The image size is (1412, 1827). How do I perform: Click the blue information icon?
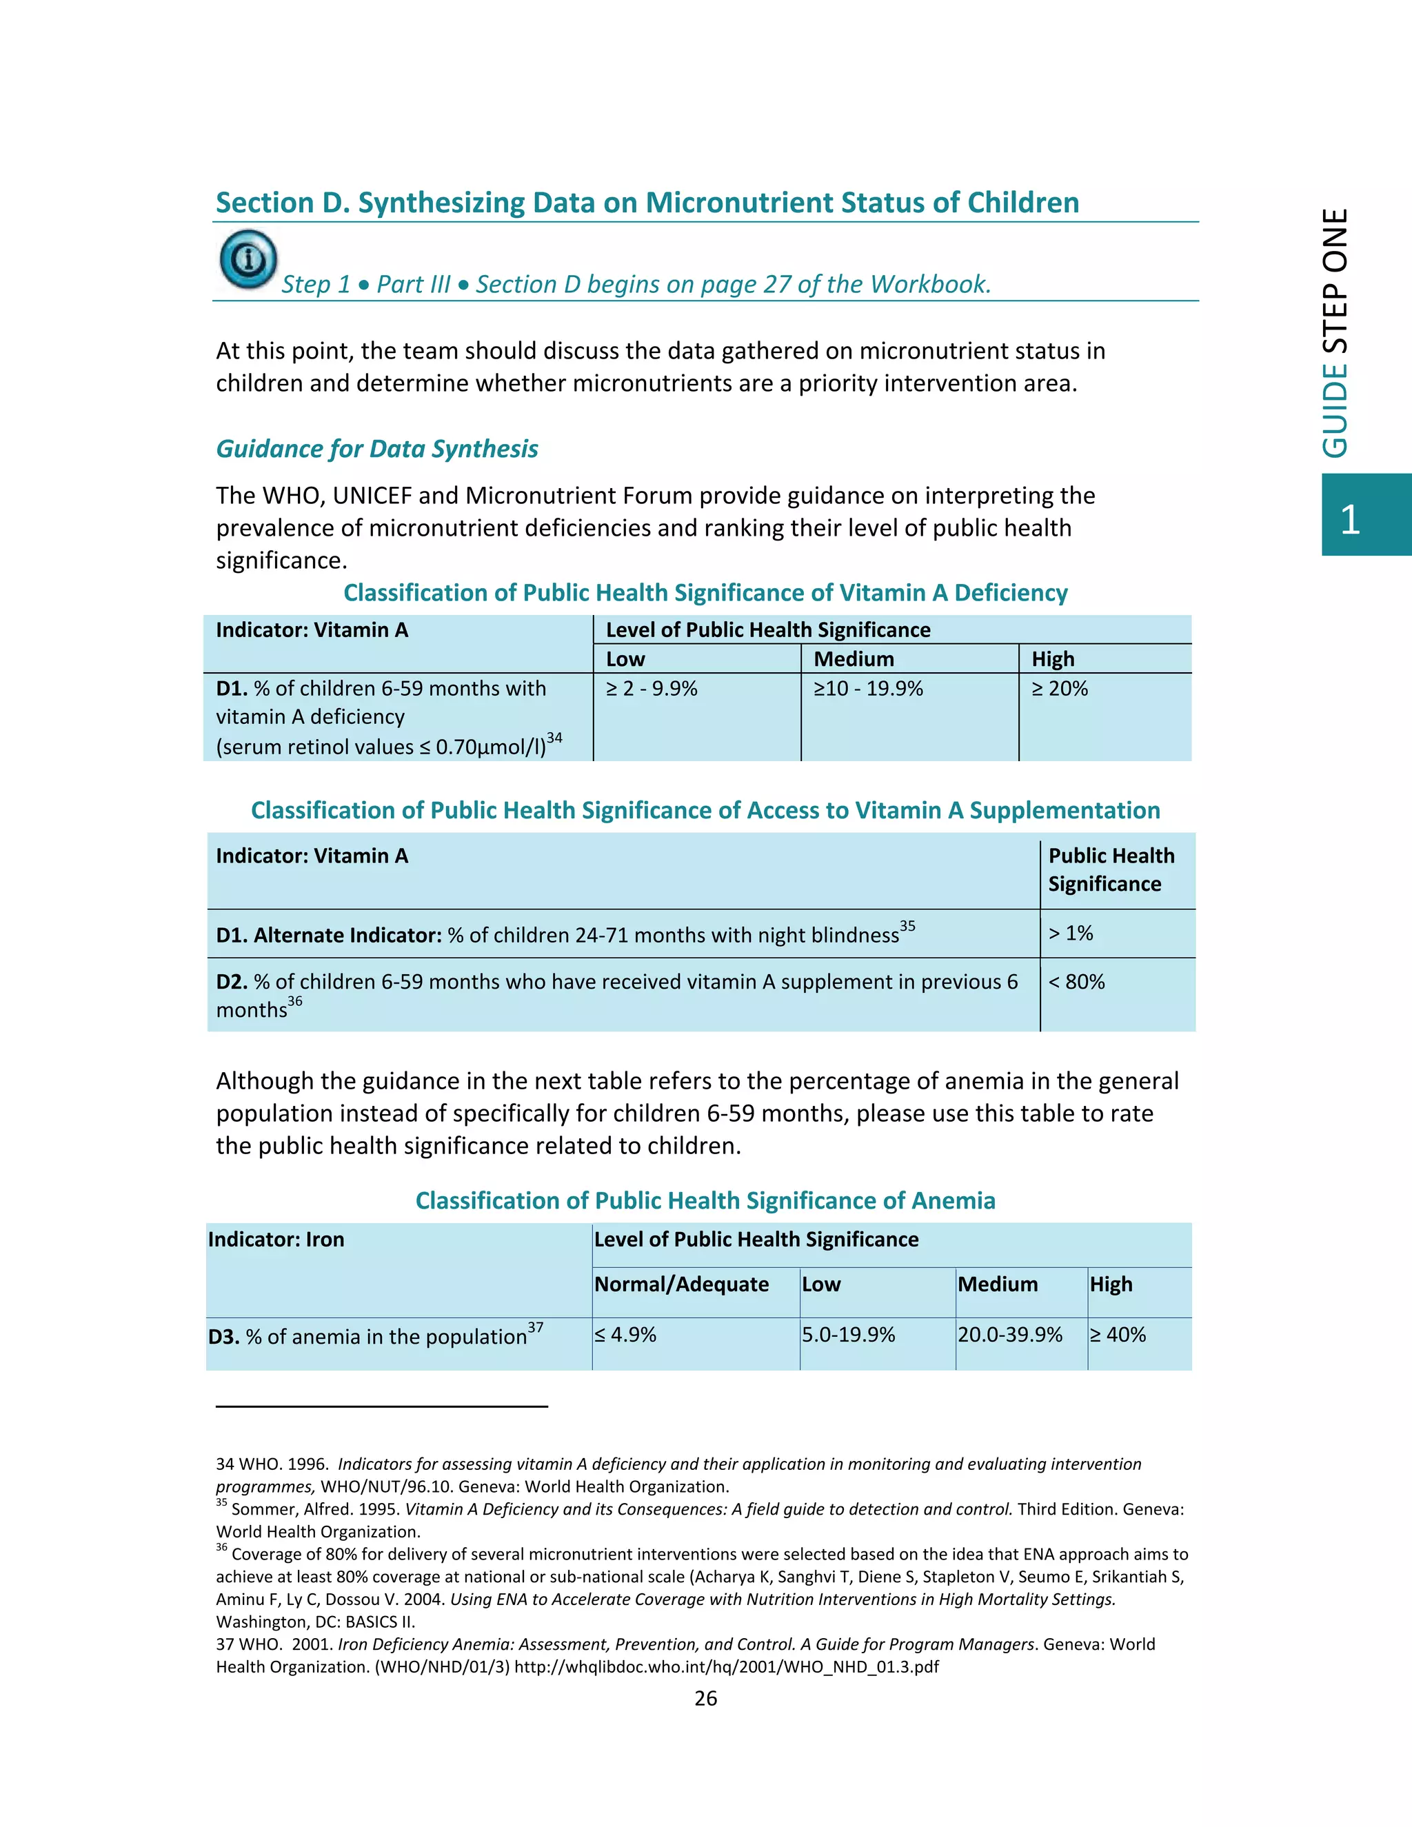[x=248, y=259]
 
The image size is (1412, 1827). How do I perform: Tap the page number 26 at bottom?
[x=705, y=1697]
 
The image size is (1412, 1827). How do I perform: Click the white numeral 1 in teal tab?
[x=1349, y=520]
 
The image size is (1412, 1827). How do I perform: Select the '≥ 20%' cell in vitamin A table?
[x=1059, y=689]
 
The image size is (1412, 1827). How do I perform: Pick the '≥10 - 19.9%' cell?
[x=868, y=689]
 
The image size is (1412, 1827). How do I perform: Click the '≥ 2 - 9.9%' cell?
[x=651, y=689]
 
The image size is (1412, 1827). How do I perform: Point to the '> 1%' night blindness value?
[x=1071, y=933]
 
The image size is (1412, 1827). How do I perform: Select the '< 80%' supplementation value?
[x=1076, y=981]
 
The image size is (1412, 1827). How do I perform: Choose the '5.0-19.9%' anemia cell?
[x=848, y=1334]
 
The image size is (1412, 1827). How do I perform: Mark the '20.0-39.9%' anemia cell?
[x=1009, y=1334]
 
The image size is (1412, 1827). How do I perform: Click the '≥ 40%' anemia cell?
[x=1118, y=1334]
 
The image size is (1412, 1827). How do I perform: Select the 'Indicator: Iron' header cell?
[x=276, y=1239]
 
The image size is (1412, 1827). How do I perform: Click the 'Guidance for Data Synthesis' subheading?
[x=376, y=450]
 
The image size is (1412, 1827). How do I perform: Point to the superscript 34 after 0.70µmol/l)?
[x=554, y=738]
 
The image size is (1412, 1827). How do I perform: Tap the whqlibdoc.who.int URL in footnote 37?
[x=726, y=1666]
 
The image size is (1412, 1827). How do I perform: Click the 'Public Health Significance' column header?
[x=1111, y=869]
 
